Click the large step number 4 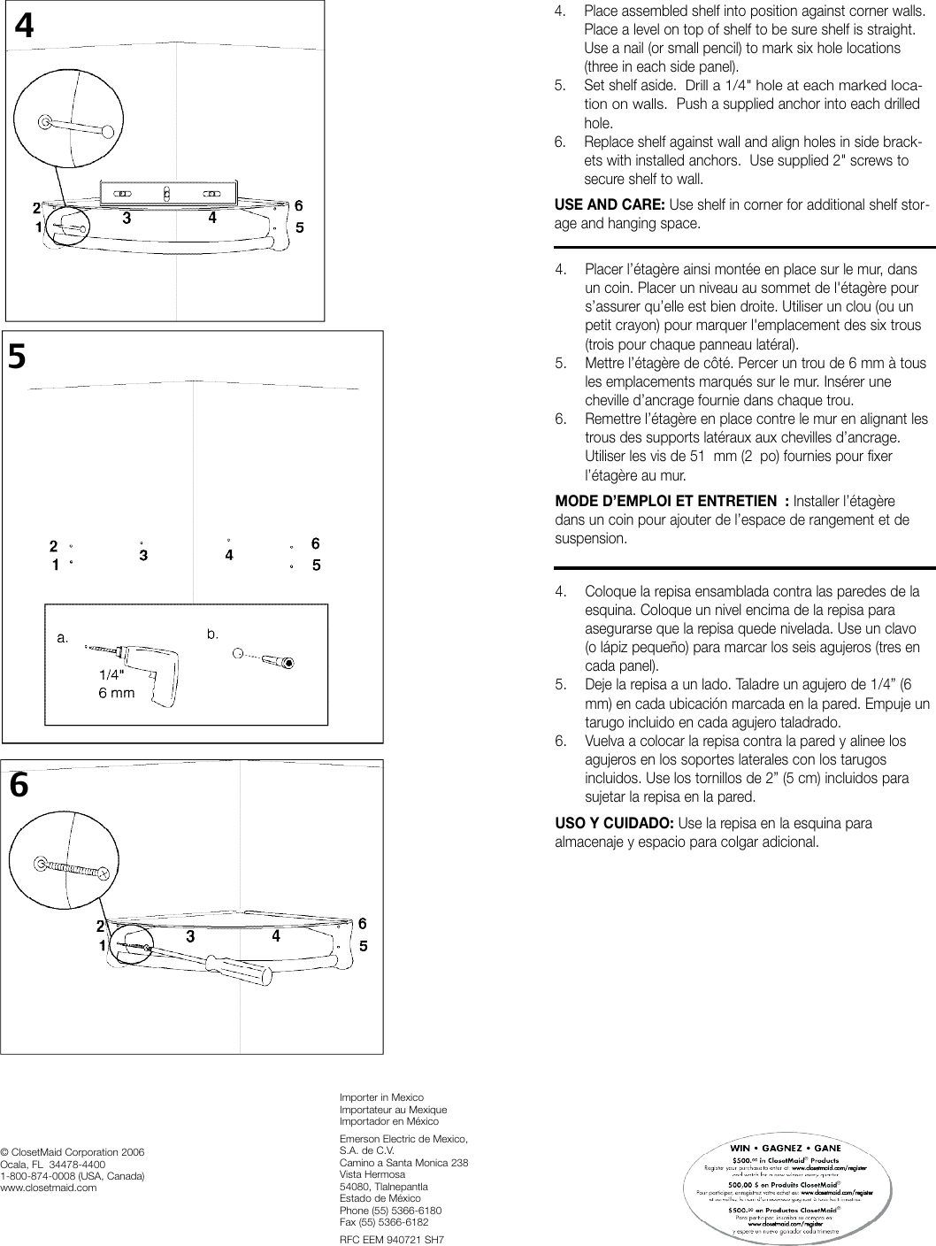click(25, 27)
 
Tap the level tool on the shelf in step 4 click(168, 191)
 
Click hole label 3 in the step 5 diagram click(143, 556)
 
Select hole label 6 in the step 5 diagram click(316, 543)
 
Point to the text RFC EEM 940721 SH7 click(391, 1240)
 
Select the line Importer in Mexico click(381, 1097)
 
